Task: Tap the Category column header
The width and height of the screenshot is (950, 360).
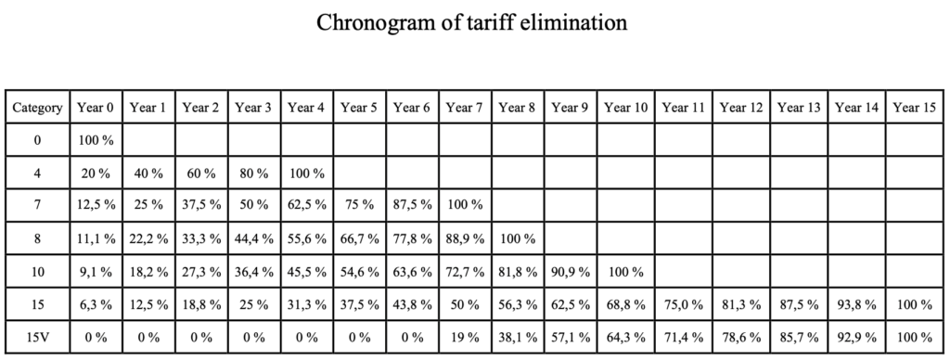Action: click(37, 108)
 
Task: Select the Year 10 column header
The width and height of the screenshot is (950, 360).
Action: click(626, 108)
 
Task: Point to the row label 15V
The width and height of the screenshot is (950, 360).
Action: click(37, 337)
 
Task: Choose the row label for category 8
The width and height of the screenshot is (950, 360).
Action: click(37, 238)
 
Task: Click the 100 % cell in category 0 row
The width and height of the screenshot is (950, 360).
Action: click(96, 141)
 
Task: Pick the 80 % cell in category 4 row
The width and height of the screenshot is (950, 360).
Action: click(254, 174)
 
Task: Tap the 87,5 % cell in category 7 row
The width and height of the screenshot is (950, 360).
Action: click(413, 206)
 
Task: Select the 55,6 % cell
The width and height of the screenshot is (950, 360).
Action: click(307, 238)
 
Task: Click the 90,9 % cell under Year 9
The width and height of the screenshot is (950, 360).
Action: click(571, 272)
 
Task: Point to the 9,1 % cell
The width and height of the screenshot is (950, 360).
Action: click(96, 272)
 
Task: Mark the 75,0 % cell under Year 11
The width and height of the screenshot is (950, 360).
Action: click(684, 304)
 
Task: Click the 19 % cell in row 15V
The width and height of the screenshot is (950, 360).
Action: click(466, 337)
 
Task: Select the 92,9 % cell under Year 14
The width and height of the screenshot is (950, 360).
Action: click(856, 337)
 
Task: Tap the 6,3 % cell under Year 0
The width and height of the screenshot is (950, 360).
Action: click(96, 304)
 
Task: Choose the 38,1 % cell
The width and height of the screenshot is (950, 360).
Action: click(518, 337)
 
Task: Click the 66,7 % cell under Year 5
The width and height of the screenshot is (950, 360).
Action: click(360, 238)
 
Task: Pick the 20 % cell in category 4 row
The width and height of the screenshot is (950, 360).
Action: click(96, 174)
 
